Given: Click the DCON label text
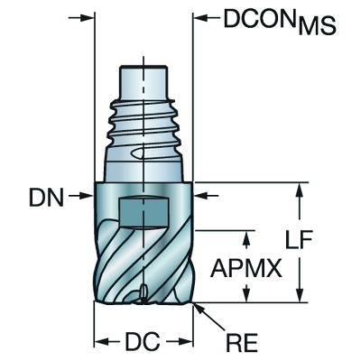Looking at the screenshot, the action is [x=262, y=19].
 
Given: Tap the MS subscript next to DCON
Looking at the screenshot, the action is [x=318, y=26].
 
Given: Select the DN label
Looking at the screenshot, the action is [x=46, y=198].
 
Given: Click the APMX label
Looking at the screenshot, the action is [x=246, y=267].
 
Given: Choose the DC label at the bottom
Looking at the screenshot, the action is [x=143, y=341].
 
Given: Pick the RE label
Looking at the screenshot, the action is [x=242, y=342].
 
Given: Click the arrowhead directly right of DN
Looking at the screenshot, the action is [x=87, y=196].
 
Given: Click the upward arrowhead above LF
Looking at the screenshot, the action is [x=300, y=190].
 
